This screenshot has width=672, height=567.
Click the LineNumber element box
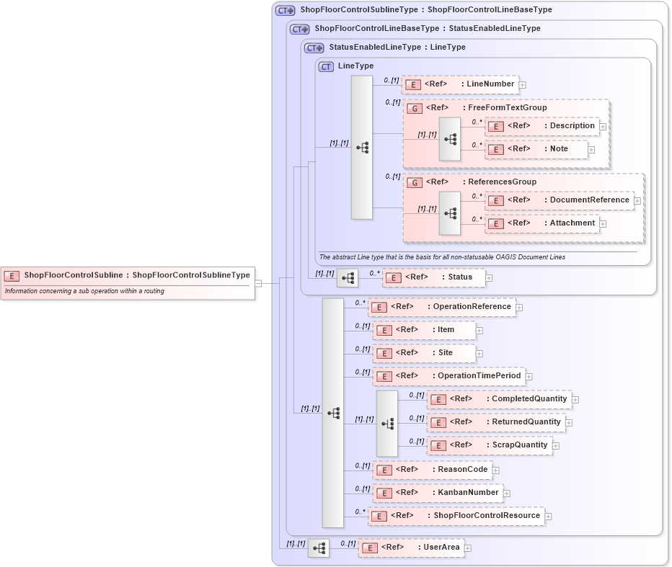[x=460, y=84]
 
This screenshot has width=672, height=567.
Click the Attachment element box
[x=541, y=223]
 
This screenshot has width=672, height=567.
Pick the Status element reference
[x=433, y=277]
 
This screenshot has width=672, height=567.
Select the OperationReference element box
[x=441, y=307]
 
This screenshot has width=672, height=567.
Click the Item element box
[x=424, y=330]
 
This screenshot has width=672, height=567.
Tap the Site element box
[x=424, y=353]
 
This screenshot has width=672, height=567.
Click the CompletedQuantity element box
[x=499, y=399]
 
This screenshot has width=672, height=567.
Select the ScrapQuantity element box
[x=490, y=445]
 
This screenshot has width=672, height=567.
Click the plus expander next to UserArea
[x=468, y=548]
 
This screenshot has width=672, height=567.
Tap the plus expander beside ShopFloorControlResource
[x=548, y=517]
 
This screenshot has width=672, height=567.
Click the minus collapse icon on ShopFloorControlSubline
[x=258, y=283]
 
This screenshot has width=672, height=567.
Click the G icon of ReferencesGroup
[x=415, y=183]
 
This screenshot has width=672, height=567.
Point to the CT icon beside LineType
[x=326, y=66]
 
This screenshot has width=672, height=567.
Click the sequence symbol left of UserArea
[x=318, y=548]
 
